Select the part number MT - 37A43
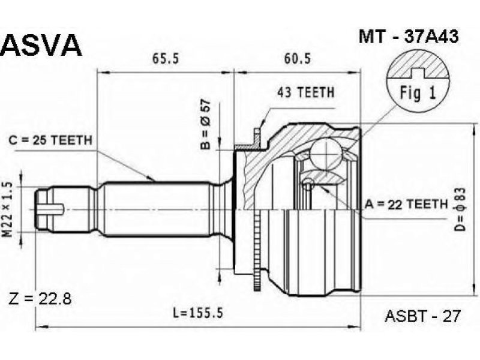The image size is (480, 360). (409, 37)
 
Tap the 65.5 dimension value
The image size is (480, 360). (166, 58)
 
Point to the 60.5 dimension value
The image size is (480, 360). (297, 58)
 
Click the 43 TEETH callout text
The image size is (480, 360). (305, 92)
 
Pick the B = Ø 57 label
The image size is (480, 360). (206, 124)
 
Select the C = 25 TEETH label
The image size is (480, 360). (50, 140)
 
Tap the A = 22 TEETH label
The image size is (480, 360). (406, 204)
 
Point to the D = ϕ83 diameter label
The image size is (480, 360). (460, 209)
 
